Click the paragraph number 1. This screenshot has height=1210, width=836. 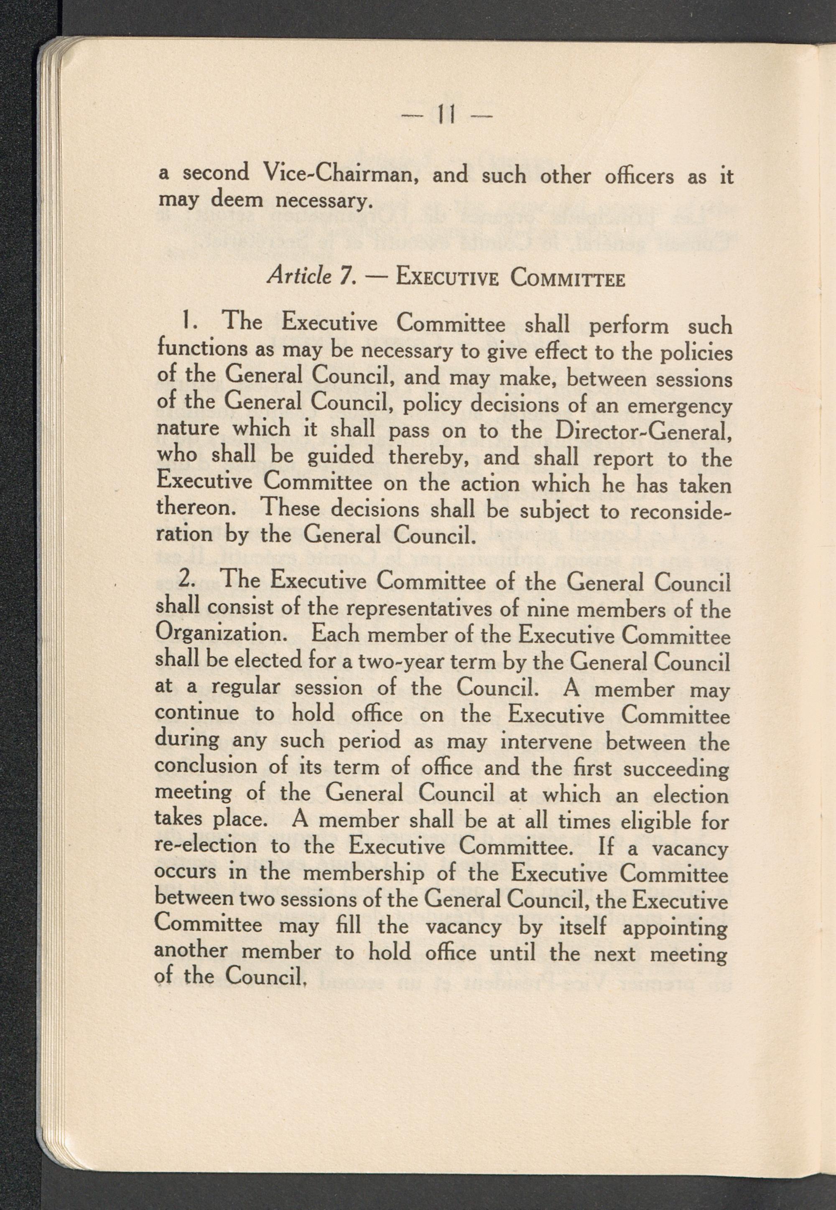click(187, 321)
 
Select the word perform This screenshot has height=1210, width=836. click(629, 326)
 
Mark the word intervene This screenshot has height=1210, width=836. click(546, 742)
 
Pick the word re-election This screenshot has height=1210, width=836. click(205, 846)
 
